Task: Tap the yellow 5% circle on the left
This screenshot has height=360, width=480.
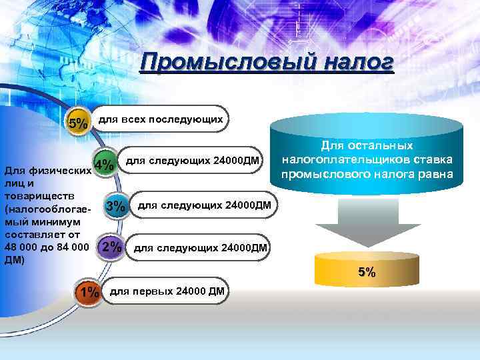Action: coord(78,123)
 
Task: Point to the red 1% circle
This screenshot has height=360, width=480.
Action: coord(88,292)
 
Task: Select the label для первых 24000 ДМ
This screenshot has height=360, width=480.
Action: coord(167,291)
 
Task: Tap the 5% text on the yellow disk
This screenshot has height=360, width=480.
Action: coord(367,272)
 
